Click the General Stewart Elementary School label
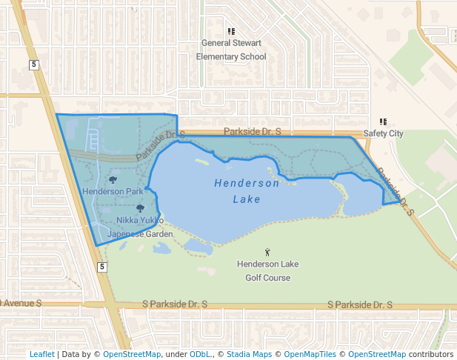pyautogui.click(x=231, y=50)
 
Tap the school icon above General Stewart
pyautogui.click(x=231, y=32)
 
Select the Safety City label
pyautogui.click(x=383, y=134)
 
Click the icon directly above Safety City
pyautogui.click(x=383, y=122)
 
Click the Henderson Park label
pyautogui.click(x=113, y=192)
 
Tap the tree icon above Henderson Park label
pyautogui.click(x=113, y=179)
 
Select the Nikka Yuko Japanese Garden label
pyautogui.click(x=140, y=227)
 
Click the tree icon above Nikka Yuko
pyautogui.click(x=140, y=208)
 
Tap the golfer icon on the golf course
pyautogui.click(x=267, y=253)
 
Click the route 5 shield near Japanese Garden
pyautogui.click(x=102, y=267)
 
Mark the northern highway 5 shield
pyautogui.click(x=34, y=65)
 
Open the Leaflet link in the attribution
pyautogui.click(x=42, y=354)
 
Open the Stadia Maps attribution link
pyautogui.click(x=248, y=354)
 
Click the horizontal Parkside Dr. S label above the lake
pyautogui.click(x=252, y=131)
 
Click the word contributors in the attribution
pyautogui.click(x=430, y=354)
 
